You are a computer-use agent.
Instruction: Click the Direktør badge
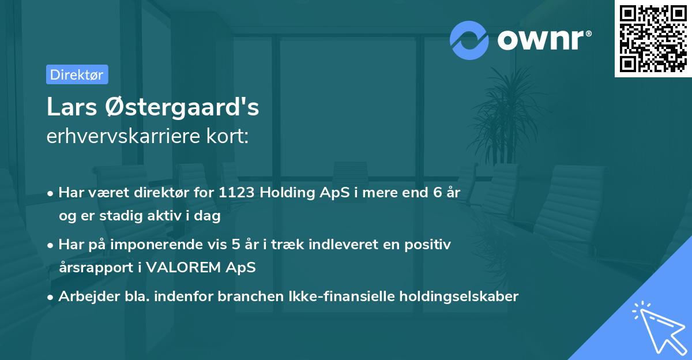tap(77, 74)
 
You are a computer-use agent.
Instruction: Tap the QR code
tap(653, 38)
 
